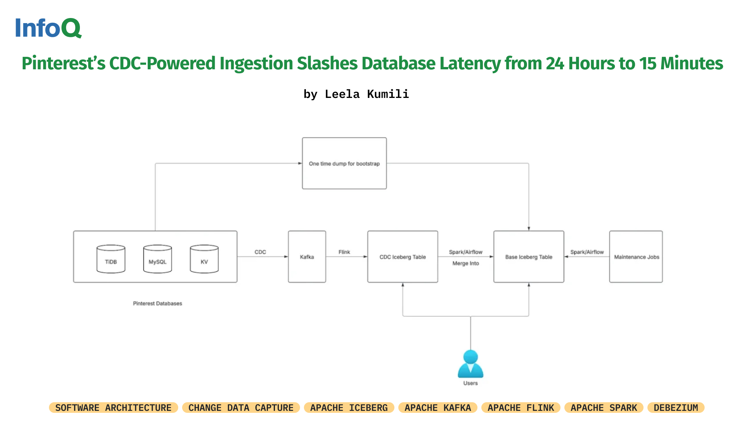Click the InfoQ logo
pyautogui.click(x=48, y=28)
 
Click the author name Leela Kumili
pyautogui.click(x=367, y=94)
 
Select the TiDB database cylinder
pyautogui.click(x=111, y=259)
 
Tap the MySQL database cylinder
pyautogui.click(x=157, y=259)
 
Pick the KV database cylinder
pyautogui.click(x=204, y=259)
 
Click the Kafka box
pyautogui.click(x=307, y=257)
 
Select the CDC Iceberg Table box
pyautogui.click(x=402, y=257)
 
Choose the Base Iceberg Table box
pyautogui.click(x=528, y=257)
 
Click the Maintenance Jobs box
pyautogui.click(x=636, y=257)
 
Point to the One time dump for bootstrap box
pyautogui.click(x=344, y=163)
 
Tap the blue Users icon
pyautogui.click(x=470, y=364)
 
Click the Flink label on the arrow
pyautogui.click(x=344, y=252)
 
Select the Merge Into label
pyautogui.click(x=466, y=263)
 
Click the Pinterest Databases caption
pyautogui.click(x=157, y=303)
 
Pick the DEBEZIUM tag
pyautogui.click(x=676, y=408)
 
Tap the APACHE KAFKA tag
pyautogui.click(x=437, y=408)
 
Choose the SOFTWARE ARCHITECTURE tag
pyautogui.click(x=113, y=408)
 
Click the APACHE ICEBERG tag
pyautogui.click(x=349, y=408)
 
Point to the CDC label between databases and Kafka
pyautogui.click(x=260, y=252)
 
